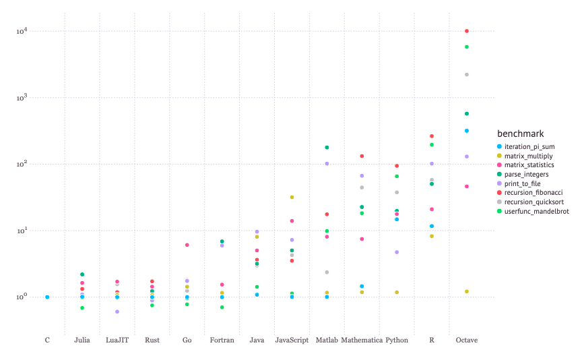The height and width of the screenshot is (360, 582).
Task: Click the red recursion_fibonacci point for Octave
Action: [466, 31]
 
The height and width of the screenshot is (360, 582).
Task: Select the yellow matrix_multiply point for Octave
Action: [466, 291]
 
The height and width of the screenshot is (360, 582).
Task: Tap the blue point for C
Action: [47, 297]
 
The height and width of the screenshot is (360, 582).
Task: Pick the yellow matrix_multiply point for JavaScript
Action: [292, 197]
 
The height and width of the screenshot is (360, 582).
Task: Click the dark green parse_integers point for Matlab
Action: [327, 147]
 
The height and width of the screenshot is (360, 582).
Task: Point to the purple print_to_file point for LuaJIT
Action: [117, 311]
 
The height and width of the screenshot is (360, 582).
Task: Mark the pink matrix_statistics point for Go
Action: [187, 245]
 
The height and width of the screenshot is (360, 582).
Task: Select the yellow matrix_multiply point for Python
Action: [397, 292]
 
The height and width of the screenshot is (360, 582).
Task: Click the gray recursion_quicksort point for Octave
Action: [466, 74]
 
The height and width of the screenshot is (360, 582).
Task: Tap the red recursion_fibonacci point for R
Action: [432, 136]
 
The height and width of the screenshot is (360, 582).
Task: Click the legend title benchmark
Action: [520, 133]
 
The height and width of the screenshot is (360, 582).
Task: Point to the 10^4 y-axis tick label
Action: [21, 31]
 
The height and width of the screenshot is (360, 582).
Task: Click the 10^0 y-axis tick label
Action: [21, 297]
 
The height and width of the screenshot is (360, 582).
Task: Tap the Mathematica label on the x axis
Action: [362, 340]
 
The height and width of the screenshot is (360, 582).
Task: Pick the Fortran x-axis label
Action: [222, 340]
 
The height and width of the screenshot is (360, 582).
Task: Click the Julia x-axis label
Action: [82, 340]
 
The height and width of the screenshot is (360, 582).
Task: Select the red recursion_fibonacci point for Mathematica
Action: [362, 156]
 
